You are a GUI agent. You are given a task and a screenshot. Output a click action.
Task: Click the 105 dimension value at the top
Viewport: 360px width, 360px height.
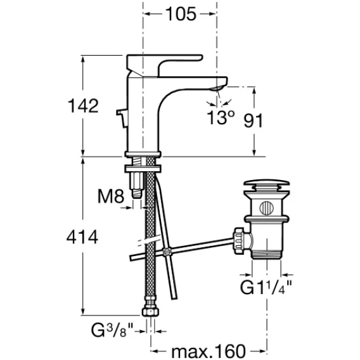click(x=181, y=14)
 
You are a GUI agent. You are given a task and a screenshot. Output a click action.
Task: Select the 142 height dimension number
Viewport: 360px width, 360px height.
click(x=83, y=106)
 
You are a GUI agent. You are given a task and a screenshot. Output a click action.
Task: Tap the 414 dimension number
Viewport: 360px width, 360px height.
click(x=82, y=237)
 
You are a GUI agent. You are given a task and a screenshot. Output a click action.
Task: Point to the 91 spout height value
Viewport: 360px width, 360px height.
click(x=253, y=120)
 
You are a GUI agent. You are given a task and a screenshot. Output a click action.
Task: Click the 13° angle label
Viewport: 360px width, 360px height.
click(x=221, y=117)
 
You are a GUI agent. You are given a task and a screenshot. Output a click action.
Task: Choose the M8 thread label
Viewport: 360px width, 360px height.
click(x=111, y=196)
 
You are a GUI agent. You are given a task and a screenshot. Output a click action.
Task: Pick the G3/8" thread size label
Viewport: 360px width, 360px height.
click(x=112, y=330)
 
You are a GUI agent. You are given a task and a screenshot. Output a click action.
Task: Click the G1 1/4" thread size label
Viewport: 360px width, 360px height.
click(x=266, y=287)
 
